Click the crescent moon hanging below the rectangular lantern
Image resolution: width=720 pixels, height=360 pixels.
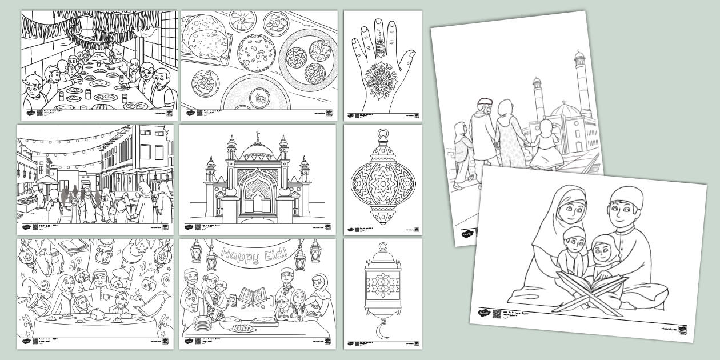(383, 331)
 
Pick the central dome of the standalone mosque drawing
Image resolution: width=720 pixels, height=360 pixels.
(258, 151)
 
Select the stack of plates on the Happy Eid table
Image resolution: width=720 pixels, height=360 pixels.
(202, 323)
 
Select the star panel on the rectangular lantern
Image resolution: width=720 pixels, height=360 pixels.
(383, 283)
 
